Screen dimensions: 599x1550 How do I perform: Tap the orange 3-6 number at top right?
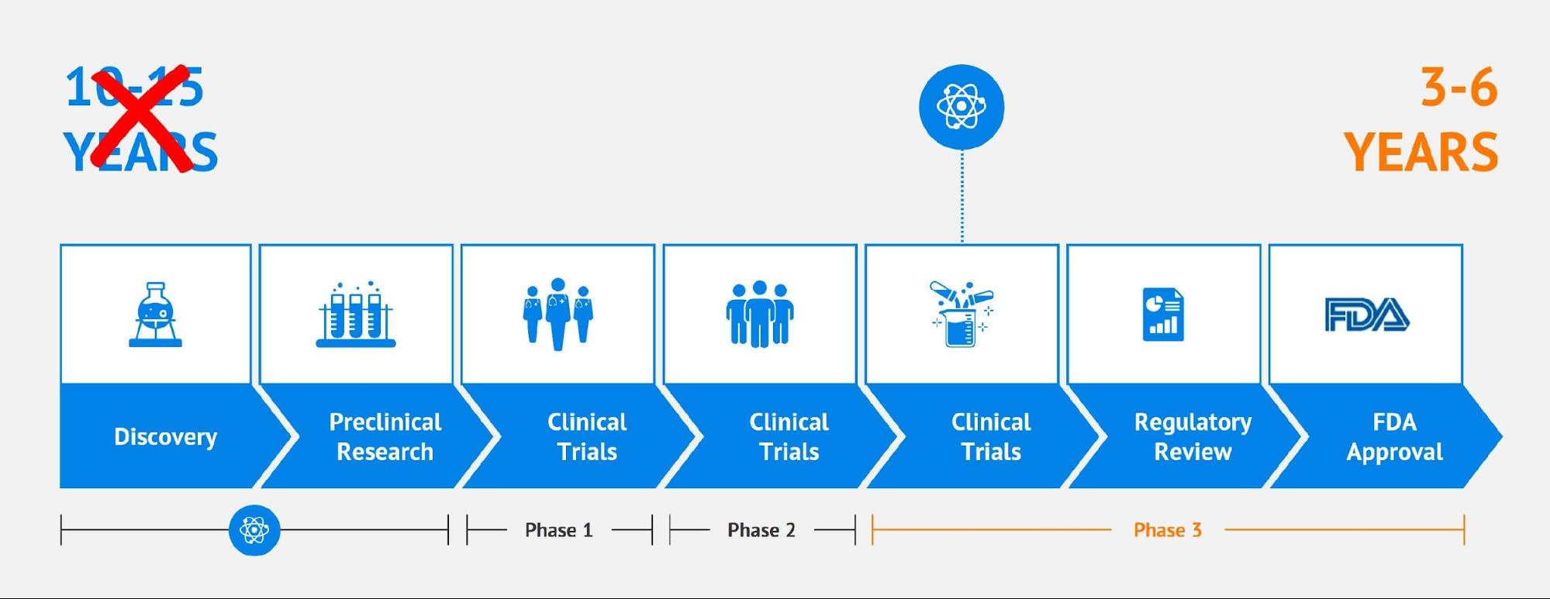point(1458,88)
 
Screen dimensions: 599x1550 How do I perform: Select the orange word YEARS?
point(1421,152)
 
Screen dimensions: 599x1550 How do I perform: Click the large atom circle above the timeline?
point(961,107)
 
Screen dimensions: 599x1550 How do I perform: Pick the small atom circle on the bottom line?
point(254,530)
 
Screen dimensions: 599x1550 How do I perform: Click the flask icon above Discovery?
point(156,315)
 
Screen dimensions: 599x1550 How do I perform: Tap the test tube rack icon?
point(356,315)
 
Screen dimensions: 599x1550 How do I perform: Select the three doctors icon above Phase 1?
point(558,314)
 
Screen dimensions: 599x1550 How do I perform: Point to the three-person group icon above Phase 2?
point(760,314)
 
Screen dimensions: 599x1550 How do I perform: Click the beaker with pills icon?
point(961,314)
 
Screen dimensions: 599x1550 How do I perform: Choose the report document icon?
point(1163,314)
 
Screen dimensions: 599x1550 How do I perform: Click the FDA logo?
point(1366,314)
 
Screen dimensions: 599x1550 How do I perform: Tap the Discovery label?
point(165,437)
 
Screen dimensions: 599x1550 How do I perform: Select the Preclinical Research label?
point(385,437)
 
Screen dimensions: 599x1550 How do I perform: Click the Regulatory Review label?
point(1193,437)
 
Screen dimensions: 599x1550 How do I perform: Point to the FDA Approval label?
point(1394,437)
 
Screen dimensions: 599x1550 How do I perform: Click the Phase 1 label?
point(558,530)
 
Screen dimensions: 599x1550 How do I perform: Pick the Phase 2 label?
point(761,530)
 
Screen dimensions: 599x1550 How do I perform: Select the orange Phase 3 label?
point(1167,530)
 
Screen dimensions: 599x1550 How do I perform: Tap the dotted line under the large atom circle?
point(962,197)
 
